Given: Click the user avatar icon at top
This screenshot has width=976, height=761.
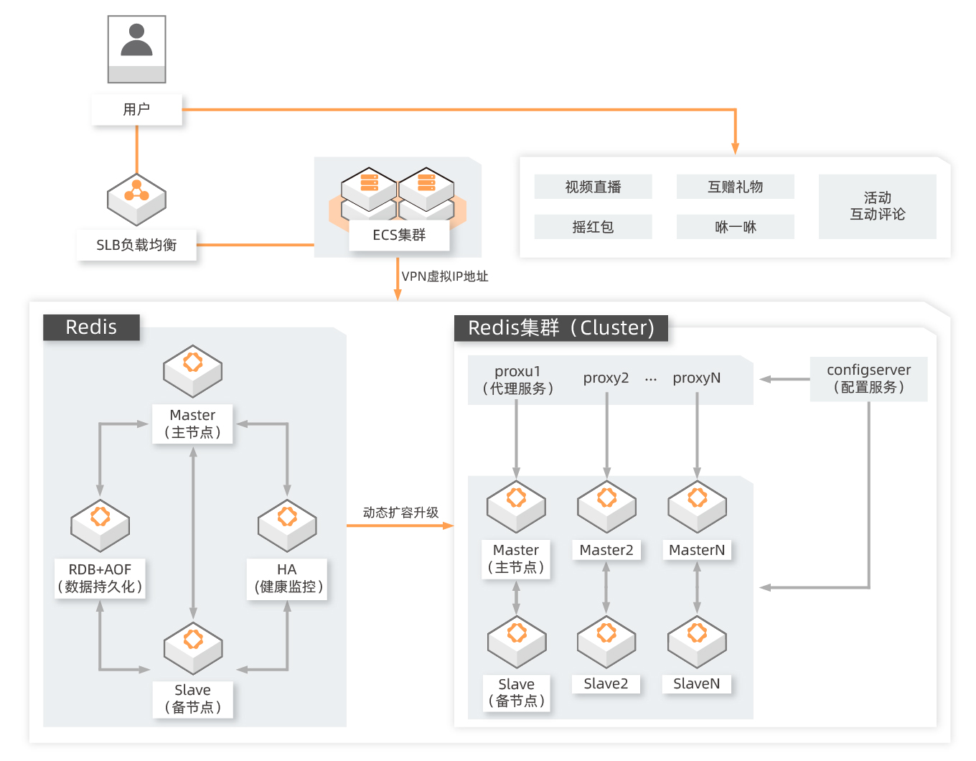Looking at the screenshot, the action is point(136,50).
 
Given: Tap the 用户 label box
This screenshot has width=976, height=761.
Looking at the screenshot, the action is point(136,109).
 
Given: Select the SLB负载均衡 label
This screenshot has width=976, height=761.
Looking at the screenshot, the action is point(136,245).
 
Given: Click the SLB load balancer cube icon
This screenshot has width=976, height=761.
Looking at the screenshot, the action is point(136,200).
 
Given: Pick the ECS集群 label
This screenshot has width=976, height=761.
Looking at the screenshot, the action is point(399,235).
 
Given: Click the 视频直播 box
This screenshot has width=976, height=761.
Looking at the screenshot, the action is point(593,187).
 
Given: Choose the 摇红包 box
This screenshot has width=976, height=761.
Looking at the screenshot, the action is point(593,227).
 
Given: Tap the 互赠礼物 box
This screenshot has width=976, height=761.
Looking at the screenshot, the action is point(736,187).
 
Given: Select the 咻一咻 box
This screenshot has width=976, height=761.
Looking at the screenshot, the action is point(736,227).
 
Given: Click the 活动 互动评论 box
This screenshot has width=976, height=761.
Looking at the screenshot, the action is point(877,206).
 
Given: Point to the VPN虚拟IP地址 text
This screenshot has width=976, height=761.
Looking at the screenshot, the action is point(445,276).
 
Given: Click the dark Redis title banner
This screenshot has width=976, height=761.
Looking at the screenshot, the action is point(91,327).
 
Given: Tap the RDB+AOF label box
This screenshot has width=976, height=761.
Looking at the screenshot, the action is point(100,578).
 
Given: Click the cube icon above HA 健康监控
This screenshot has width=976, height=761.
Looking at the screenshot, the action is point(287,526).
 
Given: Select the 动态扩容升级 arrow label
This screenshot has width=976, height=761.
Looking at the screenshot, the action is point(400,513).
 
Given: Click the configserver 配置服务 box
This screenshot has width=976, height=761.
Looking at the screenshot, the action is point(868,378).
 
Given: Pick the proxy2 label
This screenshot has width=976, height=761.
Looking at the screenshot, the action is point(606,378).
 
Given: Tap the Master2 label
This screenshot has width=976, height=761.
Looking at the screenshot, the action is point(606,550).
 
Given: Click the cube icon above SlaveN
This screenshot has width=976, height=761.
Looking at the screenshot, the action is point(697,642).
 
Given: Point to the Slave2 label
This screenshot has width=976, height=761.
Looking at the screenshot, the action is point(606,683).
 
